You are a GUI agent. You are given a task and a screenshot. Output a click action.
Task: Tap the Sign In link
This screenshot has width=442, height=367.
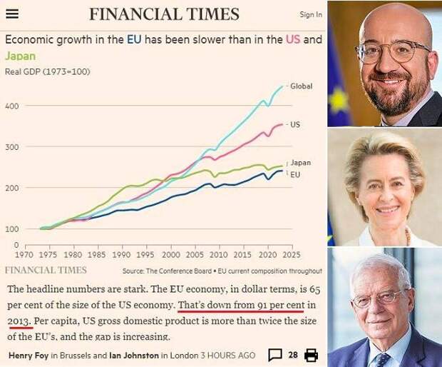(x=310, y=14)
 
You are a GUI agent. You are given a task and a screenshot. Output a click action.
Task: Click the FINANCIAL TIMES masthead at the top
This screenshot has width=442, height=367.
(x=164, y=14)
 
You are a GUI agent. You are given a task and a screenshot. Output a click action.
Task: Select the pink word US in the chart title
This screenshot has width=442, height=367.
(x=292, y=40)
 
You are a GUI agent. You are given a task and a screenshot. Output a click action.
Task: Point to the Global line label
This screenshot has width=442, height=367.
(x=302, y=86)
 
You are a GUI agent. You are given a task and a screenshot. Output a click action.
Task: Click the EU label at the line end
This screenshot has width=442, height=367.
(x=295, y=174)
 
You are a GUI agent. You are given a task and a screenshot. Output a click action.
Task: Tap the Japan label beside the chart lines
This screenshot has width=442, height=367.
(x=300, y=163)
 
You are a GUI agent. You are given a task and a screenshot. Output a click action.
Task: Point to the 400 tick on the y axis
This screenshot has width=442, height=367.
(x=12, y=106)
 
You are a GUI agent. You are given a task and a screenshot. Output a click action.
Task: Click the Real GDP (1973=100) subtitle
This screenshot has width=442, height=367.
(x=48, y=71)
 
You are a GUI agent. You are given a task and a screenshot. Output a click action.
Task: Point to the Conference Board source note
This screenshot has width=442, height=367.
(x=222, y=271)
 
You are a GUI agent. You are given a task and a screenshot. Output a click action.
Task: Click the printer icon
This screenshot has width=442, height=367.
(x=311, y=355)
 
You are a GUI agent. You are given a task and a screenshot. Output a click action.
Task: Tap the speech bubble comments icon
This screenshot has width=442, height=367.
(x=274, y=355)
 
